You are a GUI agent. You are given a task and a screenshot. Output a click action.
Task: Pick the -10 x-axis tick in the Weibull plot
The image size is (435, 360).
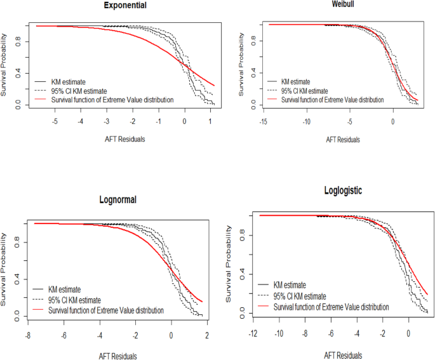point(305,121)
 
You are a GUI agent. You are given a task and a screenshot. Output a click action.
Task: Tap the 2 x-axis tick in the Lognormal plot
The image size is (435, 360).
point(207,333)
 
